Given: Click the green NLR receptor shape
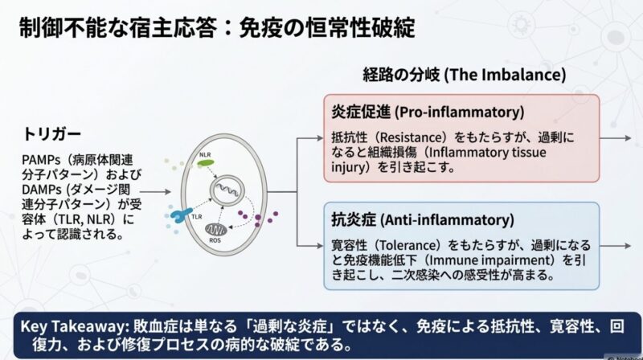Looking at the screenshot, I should point(207,163).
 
